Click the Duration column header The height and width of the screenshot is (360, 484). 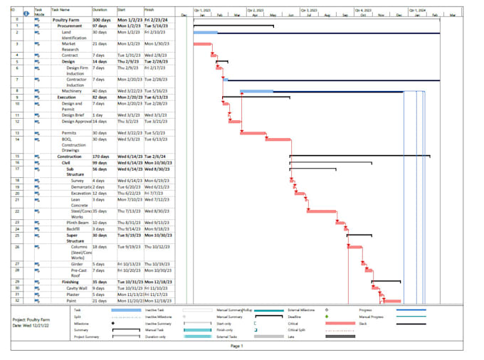pos(100,10)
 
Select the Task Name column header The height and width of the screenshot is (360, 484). pos(60,10)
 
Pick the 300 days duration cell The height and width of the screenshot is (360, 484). pos(101,20)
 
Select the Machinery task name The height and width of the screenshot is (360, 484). pos(71,91)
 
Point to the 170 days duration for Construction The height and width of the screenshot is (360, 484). pos(101,156)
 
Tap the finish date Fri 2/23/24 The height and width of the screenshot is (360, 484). pos(156,20)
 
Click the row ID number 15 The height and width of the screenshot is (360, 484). pos(16,156)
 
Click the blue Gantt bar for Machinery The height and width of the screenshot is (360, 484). pos(256,91)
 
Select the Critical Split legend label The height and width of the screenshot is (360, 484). pos(298,329)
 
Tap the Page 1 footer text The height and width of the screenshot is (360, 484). pos(237,346)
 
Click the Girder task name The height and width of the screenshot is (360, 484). pos(78,263)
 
